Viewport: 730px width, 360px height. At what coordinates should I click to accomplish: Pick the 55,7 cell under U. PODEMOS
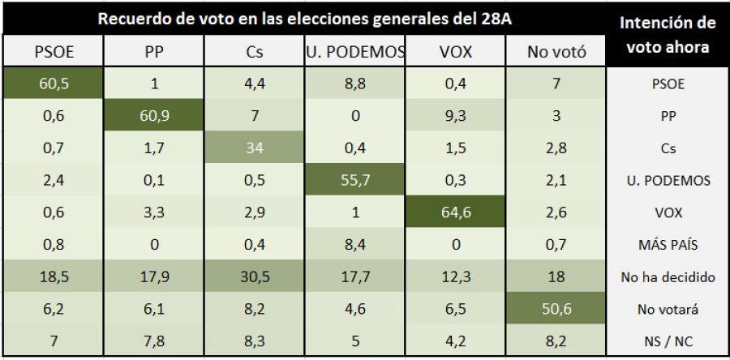coord(354,181)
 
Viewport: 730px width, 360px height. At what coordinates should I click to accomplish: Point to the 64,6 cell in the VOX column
coord(455,213)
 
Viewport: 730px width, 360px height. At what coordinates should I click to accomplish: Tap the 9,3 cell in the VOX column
coord(455,116)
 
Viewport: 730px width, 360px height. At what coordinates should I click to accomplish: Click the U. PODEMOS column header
coord(354,52)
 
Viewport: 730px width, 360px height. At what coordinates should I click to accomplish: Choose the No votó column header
coord(556,52)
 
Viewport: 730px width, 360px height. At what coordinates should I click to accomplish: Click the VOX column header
coord(455,52)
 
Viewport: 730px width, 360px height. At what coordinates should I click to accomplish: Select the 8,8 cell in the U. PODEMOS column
coord(354,83)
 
